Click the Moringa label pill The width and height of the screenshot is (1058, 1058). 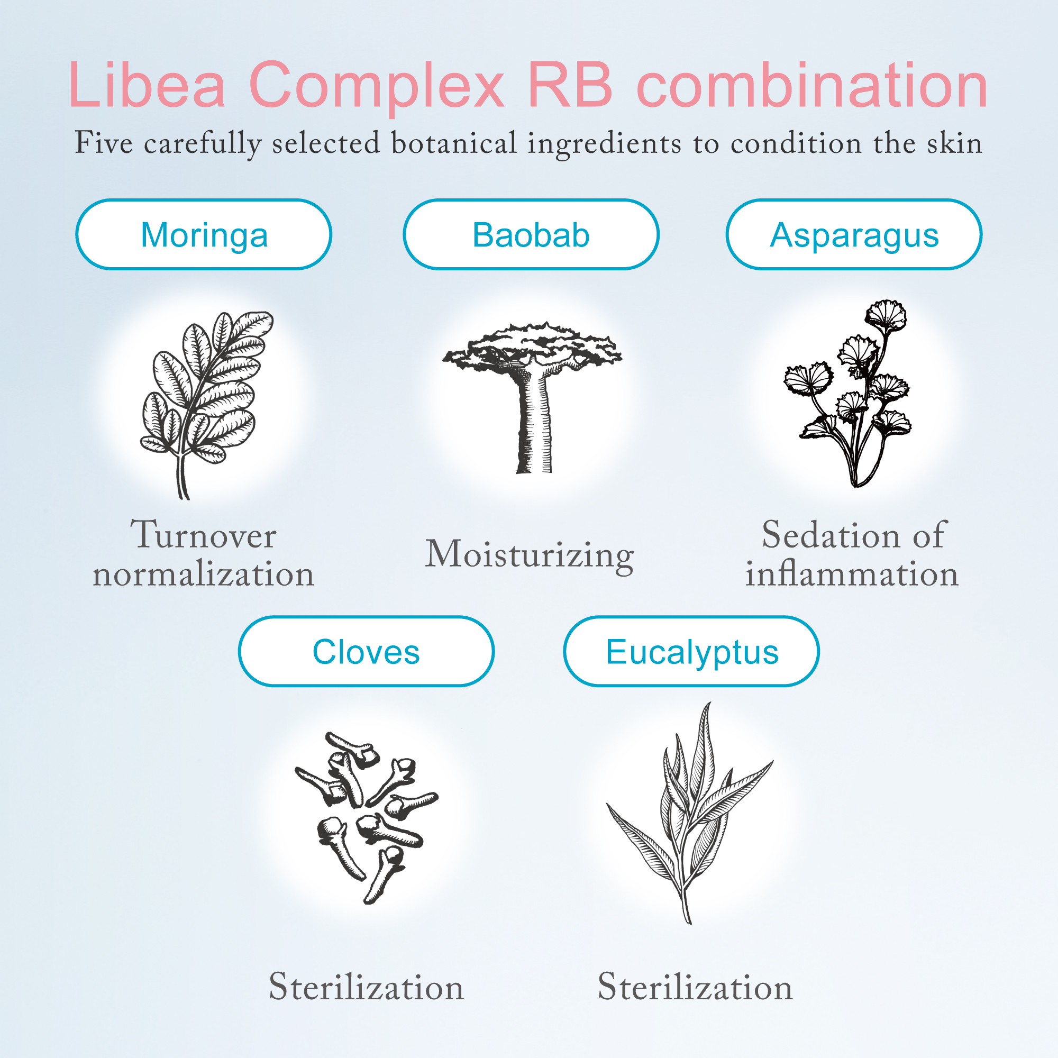204,234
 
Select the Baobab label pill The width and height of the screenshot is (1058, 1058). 531,234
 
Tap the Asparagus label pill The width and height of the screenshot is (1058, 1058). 854,234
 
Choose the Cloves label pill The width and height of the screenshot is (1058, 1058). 367,651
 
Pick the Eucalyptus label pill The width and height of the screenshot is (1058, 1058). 691,651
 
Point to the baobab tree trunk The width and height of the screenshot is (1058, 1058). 533,422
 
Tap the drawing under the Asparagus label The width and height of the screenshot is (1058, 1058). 847,393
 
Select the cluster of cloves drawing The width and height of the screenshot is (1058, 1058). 367,818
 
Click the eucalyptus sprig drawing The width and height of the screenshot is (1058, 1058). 690,813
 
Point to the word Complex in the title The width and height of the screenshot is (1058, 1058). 376,88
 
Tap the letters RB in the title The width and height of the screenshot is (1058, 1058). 571,85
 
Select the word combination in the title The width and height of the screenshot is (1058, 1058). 813,85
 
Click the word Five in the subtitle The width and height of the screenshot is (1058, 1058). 104,143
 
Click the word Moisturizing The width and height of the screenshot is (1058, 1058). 530,555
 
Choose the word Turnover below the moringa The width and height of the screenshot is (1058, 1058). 203,534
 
